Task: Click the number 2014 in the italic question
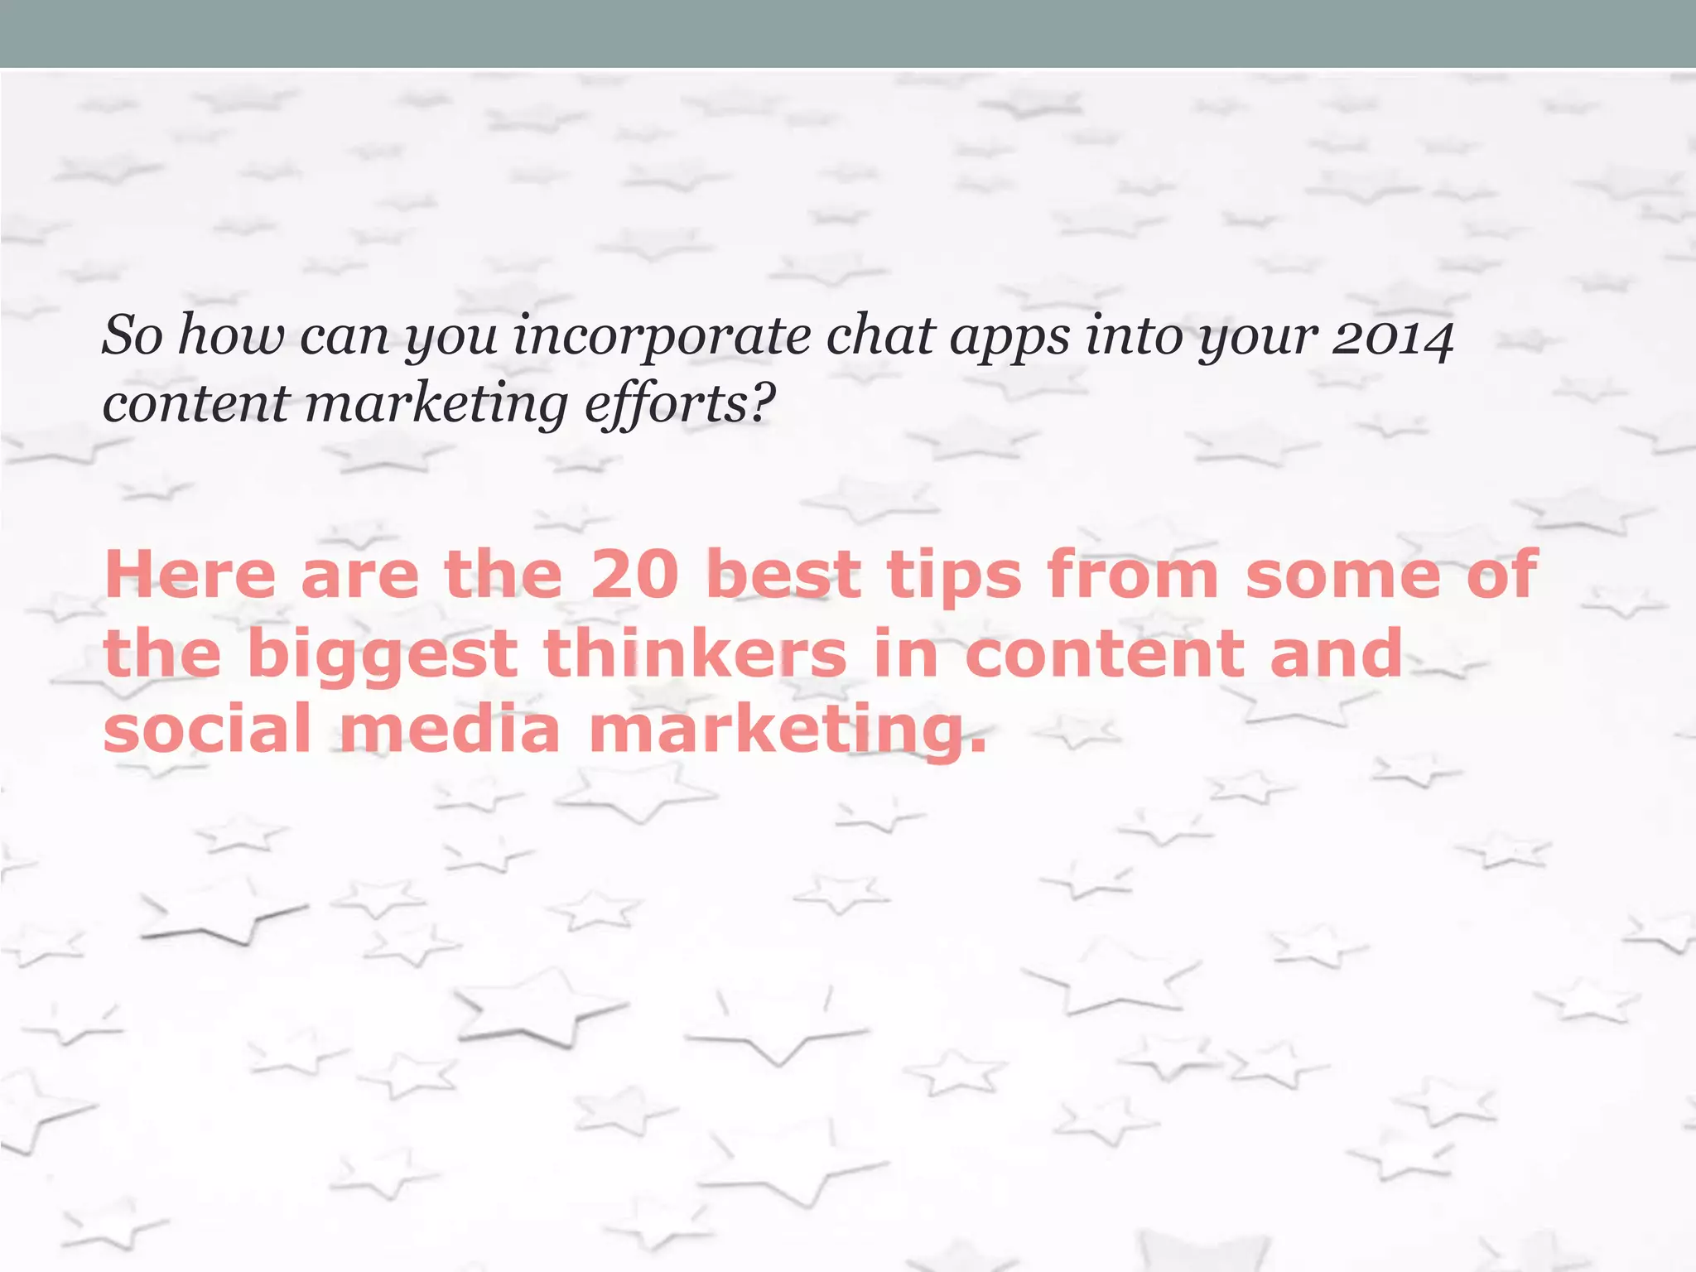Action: coord(1392,338)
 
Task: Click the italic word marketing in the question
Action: coord(436,406)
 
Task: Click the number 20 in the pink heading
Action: coord(634,575)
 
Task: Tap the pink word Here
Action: coord(190,575)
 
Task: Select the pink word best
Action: coord(783,575)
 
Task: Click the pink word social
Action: coord(207,728)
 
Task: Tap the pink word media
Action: coord(450,728)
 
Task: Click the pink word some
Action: coord(1343,575)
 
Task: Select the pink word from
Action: coord(1132,575)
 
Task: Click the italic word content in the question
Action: coord(195,404)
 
